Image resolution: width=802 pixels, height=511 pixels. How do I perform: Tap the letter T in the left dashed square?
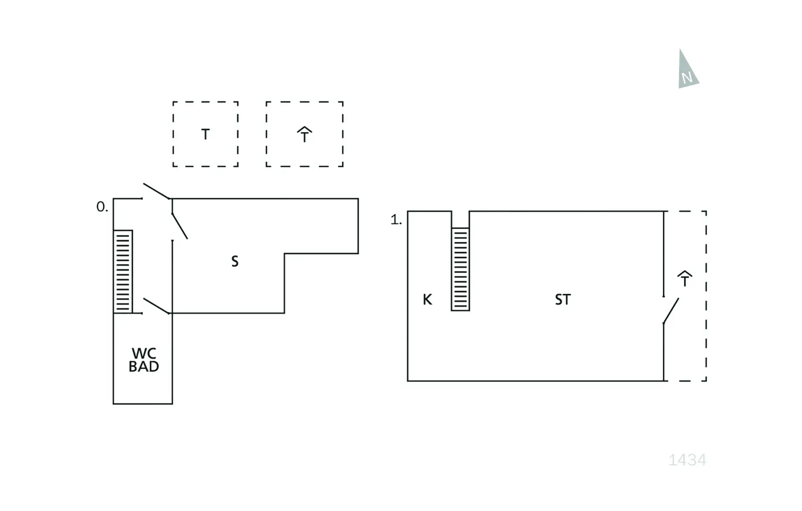pyautogui.click(x=205, y=135)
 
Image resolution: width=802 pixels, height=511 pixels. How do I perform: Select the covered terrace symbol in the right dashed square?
pyautogui.click(x=305, y=135)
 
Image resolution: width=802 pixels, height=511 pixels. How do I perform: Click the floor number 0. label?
pyautogui.click(x=102, y=207)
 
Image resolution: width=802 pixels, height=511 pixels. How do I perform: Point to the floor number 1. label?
pyautogui.click(x=396, y=220)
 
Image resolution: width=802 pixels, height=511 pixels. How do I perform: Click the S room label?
pyautogui.click(x=235, y=262)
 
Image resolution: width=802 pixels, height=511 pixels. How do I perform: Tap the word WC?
pyautogui.click(x=144, y=353)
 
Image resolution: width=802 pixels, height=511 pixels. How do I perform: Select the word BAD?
pyautogui.click(x=144, y=367)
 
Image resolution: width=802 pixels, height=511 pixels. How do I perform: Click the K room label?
pyautogui.click(x=427, y=299)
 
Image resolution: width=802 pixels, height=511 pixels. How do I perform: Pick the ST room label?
pyautogui.click(x=562, y=299)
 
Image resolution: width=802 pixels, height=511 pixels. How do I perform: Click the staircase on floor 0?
pyautogui.click(x=123, y=271)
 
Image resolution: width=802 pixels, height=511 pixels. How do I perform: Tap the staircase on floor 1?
pyautogui.click(x=460, y=269)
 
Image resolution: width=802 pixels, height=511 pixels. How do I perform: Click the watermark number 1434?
pyautogui.click(x=687, y=460)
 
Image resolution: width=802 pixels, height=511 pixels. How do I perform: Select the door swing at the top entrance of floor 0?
pyautogui.click(x=156, y=191)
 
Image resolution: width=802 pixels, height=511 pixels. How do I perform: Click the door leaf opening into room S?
pyautogui.click(x=180, y=226)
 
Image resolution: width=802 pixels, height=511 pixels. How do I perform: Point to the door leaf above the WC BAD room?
pyautogui.click(x=156, y=306)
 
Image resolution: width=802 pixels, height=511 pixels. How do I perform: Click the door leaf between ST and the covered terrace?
pyautogui.click(x=671, y=311)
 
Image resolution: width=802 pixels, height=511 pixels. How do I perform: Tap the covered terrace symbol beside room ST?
pyautogui.click(x=685, y=279)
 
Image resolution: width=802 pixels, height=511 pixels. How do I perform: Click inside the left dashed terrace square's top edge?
pyautogui.click(x=205, y=102)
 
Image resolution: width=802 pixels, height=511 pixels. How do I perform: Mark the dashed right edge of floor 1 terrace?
pyautogui.click(x=706, y=296)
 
